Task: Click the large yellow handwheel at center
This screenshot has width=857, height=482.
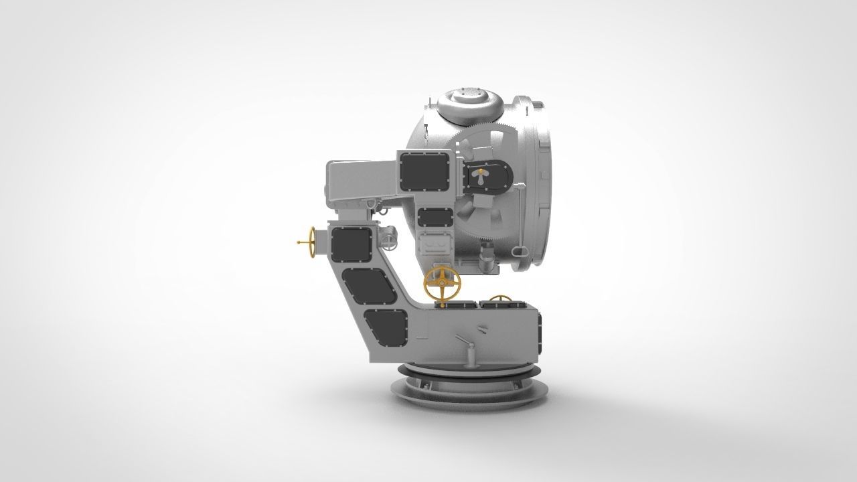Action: point(442,284)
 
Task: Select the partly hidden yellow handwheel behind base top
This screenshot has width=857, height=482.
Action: point(499,299)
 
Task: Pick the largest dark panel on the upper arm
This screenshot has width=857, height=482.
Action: point(424,170)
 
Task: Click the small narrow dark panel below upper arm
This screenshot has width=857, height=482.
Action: point(434,217)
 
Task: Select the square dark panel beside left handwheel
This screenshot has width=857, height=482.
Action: point(350,244)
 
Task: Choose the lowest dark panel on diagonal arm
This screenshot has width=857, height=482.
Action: point(386,328)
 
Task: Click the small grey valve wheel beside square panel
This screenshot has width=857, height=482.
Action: point(388,237)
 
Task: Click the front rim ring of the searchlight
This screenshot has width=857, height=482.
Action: point(539,181)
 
